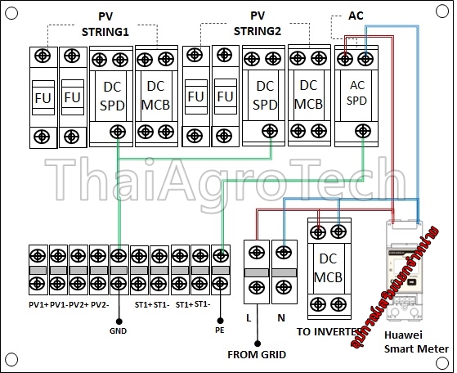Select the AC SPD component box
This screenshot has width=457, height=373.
(x=356, y=97)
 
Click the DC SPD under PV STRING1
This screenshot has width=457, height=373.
(x=110, y=97)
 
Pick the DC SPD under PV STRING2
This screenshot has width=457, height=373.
(x=263, y=97)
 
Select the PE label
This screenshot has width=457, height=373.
(x=219, y=331)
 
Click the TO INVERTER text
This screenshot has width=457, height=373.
(x=327, y=332)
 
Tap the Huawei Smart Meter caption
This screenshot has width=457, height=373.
(x=417, y=341)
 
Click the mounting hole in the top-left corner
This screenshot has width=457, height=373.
(x=11, y=12)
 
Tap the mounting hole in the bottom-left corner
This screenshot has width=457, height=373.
(x=11, y=361)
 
